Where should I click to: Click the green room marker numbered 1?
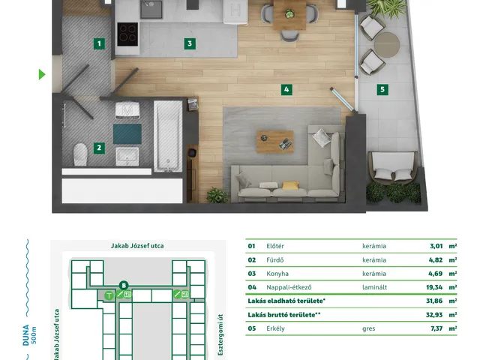tap(99, 43)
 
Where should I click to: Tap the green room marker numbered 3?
tap(190, 43)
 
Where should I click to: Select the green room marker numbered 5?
tap(382, 90)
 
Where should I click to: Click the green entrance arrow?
tap(42, 74)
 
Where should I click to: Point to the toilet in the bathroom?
tap(80, 154)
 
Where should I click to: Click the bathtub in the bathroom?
tap(168, 136)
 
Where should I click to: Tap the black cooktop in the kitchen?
tap(127, 34)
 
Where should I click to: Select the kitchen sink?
tap(151, 9)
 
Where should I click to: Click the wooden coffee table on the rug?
tap(275, 142)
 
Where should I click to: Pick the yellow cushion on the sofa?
tap(290, 185)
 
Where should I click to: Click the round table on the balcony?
tap(387, 45)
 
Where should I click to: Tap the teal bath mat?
tap(127, 133)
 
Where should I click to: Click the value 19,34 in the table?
tap(434, 287)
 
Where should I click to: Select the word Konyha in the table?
tap(277, 274)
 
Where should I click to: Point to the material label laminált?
tap(374, 287)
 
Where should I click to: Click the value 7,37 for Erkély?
tap(436, 328)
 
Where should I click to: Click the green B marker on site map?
tap(124, 286)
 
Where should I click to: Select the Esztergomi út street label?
tap(220, 335)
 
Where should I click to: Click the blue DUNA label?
tap(26, 335)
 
